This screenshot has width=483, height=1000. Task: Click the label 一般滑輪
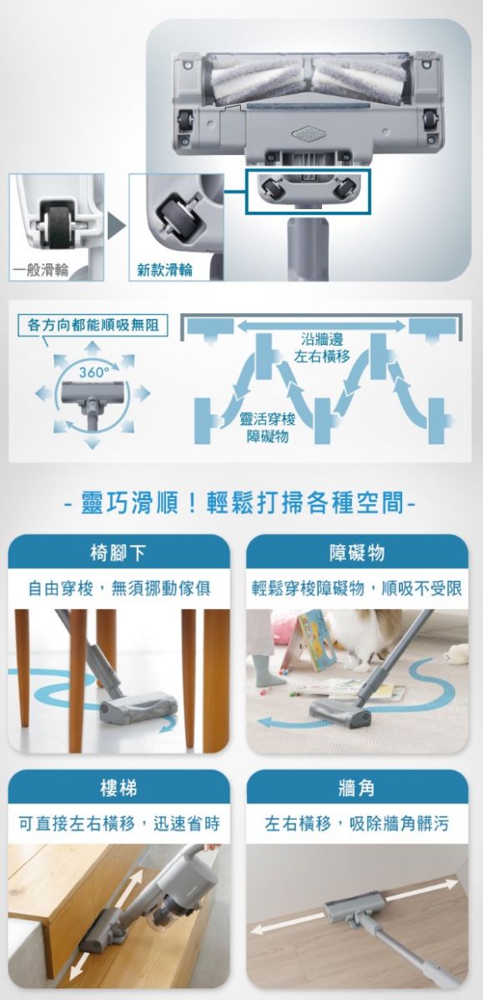(41, 270)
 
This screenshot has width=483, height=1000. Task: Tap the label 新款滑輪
(164, 270)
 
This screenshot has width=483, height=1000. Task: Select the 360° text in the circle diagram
(92, 372)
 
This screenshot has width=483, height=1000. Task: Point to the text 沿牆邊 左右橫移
(322, 347)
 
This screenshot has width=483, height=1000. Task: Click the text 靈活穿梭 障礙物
(267, 427)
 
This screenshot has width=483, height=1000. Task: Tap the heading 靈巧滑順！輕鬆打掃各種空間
(240, 502)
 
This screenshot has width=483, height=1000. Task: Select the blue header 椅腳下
(118, 552)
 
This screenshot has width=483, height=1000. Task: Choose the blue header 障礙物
(356, 552)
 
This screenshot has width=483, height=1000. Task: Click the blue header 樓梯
(118, 788)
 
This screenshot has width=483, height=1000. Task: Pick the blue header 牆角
(356, 788)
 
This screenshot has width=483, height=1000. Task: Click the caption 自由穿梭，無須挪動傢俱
(118, 588)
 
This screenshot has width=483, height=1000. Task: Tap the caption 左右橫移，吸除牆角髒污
(356, 823)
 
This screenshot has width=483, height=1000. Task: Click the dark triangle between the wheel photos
(115, 227)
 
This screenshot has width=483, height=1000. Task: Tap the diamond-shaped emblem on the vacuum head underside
(309, 132)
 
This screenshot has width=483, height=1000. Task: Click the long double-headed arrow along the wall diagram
(321, 326)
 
